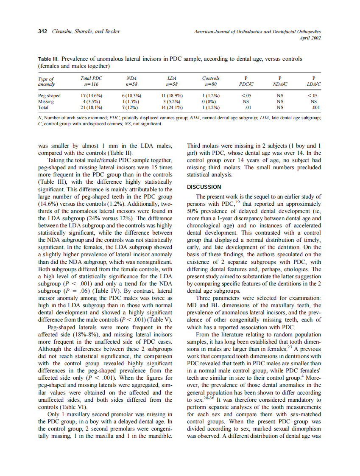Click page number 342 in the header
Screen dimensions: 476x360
point(42,31)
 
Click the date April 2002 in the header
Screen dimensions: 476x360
point(310,38)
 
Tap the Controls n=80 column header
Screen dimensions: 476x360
point(211,81)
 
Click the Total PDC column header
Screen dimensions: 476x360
point(91,81)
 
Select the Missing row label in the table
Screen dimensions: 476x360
point(46,102)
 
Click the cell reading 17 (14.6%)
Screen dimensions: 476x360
point(91,96)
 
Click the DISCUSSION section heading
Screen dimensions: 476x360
point(204,187)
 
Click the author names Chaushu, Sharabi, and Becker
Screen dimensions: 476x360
point(86,31)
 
